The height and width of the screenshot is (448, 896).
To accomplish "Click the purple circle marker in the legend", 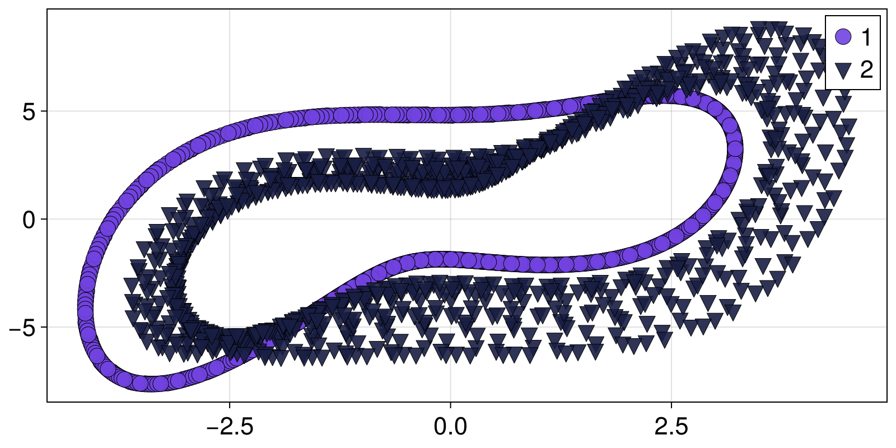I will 843,37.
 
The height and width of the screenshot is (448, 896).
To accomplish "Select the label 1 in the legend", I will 866,37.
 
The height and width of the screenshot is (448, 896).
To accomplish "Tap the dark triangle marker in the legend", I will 843,70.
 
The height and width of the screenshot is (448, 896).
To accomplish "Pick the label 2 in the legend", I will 866,70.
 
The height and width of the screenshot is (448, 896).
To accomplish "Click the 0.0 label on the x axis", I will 450,427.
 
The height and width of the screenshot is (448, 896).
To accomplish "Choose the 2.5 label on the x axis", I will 671,427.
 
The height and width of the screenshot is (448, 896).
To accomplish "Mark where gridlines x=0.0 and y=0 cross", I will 450,219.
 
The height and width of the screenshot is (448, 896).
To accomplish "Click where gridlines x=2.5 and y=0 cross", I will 671,219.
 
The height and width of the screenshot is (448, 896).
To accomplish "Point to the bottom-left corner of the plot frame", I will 47,402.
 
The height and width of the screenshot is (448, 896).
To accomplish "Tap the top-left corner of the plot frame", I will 47,9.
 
